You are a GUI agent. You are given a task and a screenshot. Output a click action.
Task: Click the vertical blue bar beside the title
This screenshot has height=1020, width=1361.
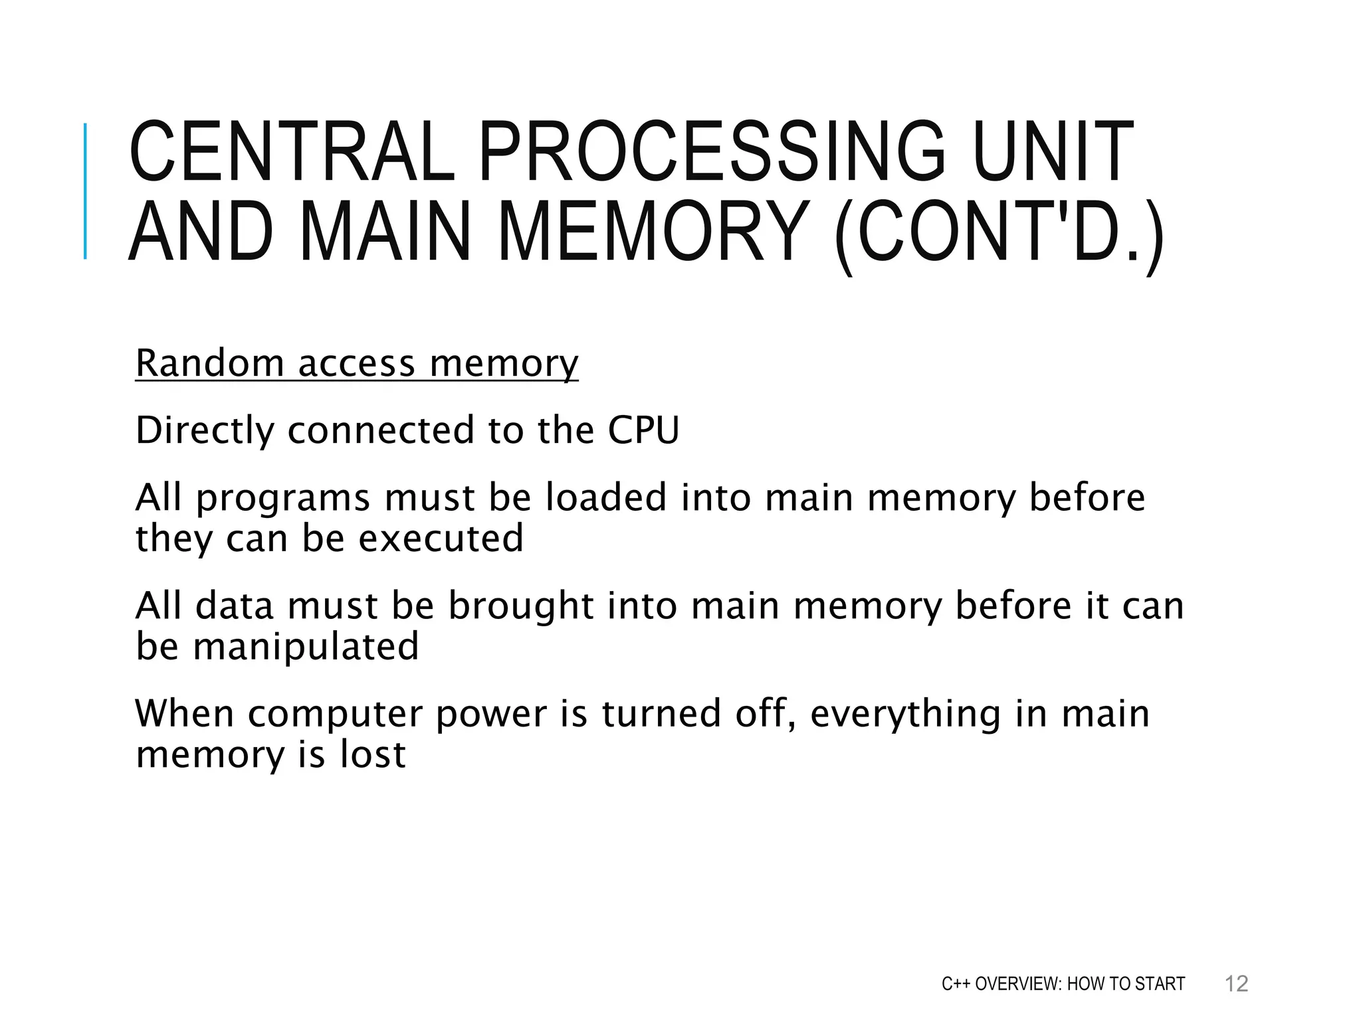click(85, 191)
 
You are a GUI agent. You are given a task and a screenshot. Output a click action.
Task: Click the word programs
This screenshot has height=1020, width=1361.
click(282, 498)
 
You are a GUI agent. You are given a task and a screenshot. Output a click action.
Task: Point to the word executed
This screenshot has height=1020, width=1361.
click(441, 538)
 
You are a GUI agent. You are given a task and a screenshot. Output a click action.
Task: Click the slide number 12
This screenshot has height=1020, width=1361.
click(1236, 983)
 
